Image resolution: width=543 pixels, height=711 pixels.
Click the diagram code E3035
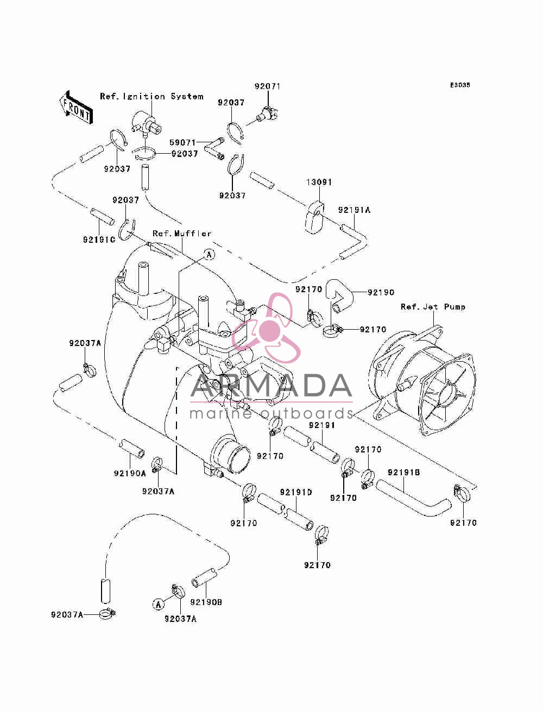pyautogui.click(x=460, y=85)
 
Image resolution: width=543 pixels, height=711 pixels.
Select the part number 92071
pyautogui.click(x=268, y=86)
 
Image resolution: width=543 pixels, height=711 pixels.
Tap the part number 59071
pyautogui.click(x=182, y=142)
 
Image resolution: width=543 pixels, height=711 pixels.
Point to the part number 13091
pyautogui.click(x=319, y=182)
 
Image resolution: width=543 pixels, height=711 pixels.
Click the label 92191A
pyautogui.click(x=354, y=210)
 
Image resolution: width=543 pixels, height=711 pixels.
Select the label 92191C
pyautogui.click(x=99, y=240)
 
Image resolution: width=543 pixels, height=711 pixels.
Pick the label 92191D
pyautogui.click(x=296, y=492)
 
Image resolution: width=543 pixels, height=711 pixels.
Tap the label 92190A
pyautogui.click(x=130, y=474)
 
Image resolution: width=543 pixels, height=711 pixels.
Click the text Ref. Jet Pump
pyautogui.click(x=433, y=307)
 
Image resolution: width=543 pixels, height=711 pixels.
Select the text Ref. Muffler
pyautogui.click(x=182, y=233)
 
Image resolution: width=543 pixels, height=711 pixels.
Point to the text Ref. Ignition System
pyautogui.click(x=151, y=97)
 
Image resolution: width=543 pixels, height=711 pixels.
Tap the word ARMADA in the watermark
pyautogui.click(x=271, y=386)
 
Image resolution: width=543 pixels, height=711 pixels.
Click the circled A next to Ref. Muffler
pyautogui.click(x=209, y=255)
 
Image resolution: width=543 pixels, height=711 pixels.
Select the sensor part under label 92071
pyautogui.click(x=268, y=115)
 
